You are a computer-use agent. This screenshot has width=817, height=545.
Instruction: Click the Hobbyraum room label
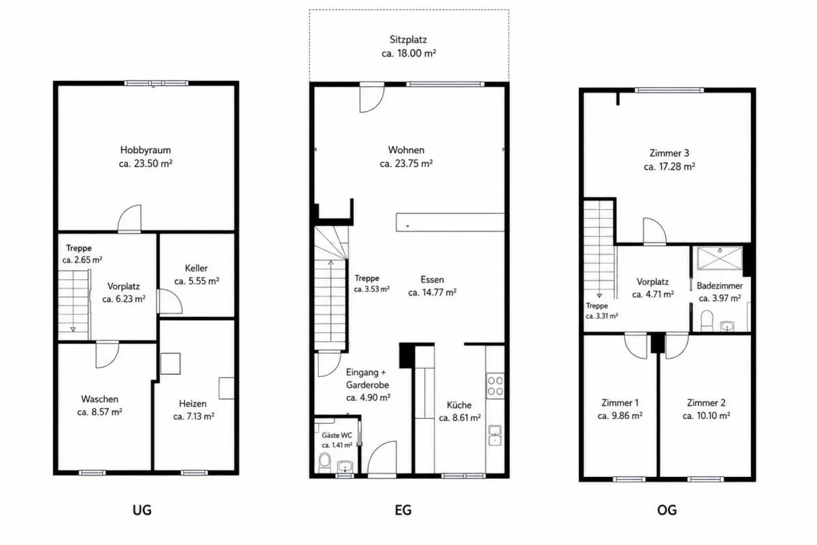[x=146, y=150]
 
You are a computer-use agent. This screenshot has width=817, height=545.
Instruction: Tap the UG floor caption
[x=142, y=510]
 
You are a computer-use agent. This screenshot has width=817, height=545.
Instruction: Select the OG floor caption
[x=667, y=510]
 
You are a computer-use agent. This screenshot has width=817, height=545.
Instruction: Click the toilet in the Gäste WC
[x=324, y=462]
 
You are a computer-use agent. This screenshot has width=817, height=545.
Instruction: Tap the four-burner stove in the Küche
[x=496, y=386]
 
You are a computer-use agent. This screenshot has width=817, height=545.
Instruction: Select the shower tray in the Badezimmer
[x=720, y=258]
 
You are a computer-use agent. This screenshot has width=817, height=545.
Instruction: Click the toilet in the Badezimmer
[x=707, y=320]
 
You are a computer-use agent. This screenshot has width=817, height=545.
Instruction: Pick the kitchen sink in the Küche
[x=495, y=435]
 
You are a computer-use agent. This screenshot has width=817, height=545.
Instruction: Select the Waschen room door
[x=108, y=354]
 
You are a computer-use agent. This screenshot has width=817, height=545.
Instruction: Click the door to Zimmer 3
[x=654, y=231]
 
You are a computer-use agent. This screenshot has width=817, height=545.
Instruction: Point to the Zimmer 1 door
[x=636, y=345]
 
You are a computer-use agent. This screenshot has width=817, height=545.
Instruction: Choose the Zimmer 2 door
[x=677, y=345]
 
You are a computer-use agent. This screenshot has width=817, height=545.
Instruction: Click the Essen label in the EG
[x=432, y=279]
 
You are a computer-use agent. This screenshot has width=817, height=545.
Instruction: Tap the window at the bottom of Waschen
[x=93, y=473]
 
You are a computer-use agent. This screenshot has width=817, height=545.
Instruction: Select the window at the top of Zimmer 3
[x=669, y=90]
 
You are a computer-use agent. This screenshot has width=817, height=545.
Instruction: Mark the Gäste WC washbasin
[x=345, y=467]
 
